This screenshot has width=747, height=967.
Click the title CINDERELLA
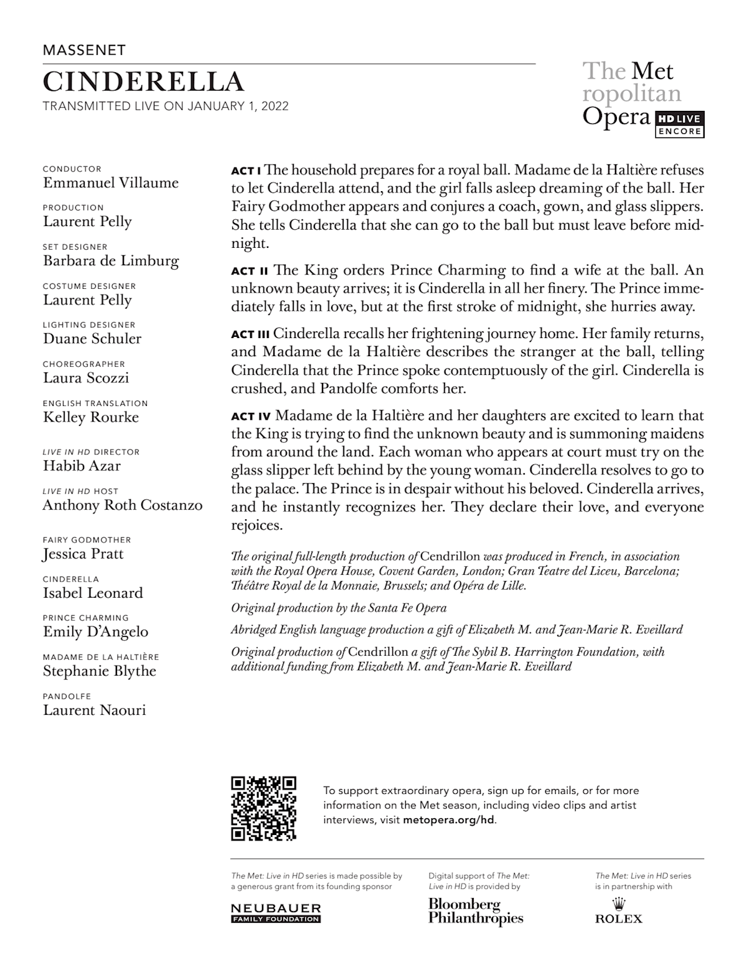click(143, 82)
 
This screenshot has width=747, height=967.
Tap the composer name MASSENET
click(84, 50)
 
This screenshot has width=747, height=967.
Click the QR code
click(263, 808)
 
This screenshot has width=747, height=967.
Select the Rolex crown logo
click(618, 904)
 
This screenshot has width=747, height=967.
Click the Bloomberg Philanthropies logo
click(476, 911)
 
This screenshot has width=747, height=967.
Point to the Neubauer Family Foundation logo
click(276, 913)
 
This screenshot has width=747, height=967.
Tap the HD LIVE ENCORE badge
click(679, 125)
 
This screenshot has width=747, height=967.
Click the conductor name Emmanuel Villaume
click(111, 183)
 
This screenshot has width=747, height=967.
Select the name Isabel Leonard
click(93, 593)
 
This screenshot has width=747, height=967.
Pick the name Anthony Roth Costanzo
click(123, 505)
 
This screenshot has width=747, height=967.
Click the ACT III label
click(250, 334)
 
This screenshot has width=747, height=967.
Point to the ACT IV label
click(251, 416)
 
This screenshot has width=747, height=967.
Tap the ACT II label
click(250, 271)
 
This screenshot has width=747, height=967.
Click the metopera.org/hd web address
click(449, 820)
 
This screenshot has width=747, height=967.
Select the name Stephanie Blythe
click(100, 671)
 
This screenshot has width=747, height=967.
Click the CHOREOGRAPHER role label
click(84, 364)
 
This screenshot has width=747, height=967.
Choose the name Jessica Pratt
click(83, 554)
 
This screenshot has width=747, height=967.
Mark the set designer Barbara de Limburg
click(111, 261)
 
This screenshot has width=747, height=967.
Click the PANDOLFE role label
click(67, 696)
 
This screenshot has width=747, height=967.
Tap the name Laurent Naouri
click(95, 710)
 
